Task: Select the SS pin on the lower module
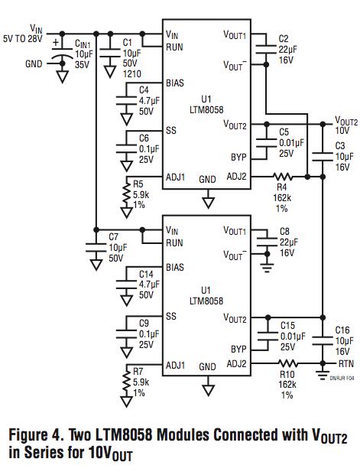[x=171, y=316]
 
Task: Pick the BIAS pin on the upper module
[x=176, y=83]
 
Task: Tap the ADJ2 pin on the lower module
[x=235, y=363]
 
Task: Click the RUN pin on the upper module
[x=175, y=47]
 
